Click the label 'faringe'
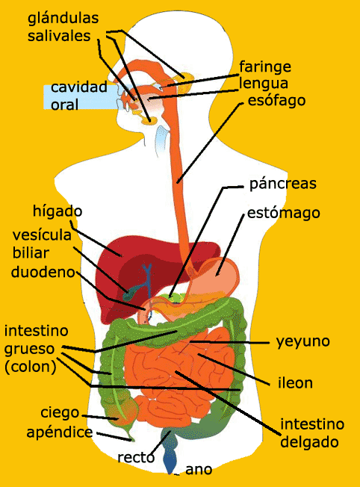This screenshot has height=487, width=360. [x=265, y=67]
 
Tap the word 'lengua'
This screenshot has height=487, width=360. [x=264, y=84]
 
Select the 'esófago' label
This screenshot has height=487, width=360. [x=276, y=101]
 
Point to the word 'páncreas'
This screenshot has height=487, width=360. [x=283, y=184]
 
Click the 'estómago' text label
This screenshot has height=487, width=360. [x=284, y=214]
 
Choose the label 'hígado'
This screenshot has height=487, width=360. [x=58, y=211]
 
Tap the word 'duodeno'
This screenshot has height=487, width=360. [x=43, y=272]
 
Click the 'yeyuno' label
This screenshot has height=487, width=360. [x=303, y=342]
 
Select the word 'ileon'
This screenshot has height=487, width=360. [x=295, y=382]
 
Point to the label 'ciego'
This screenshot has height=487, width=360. [x=60, y=413]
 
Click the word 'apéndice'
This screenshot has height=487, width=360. [x=60, y=432]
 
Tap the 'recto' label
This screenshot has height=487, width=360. [x=136, y=457]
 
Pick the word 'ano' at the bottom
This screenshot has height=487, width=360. [x=199, y=470]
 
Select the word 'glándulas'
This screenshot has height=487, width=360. [x=63, y=19]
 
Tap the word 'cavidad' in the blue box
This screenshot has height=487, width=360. [x=79, y=87]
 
